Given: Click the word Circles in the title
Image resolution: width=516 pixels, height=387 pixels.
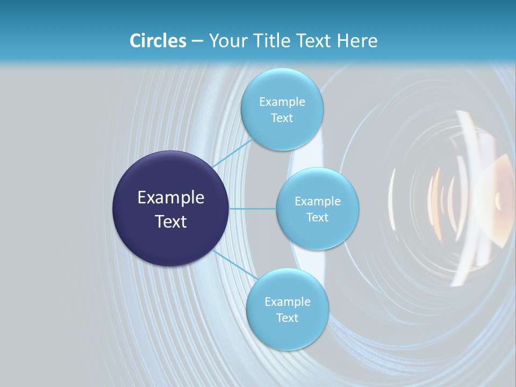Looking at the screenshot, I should pos(157,41).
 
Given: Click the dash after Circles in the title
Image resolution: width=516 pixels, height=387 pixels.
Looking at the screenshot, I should pos(197,41).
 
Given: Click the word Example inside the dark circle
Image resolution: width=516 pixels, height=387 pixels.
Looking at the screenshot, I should pos(170,198).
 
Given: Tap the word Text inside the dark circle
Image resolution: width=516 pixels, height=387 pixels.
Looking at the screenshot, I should pos(170,221).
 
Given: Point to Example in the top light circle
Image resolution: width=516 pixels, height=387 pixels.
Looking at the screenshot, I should pos(282,102).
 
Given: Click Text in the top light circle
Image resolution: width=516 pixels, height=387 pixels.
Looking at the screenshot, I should pos(282,118).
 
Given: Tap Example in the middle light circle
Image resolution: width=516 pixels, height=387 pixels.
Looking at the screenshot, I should pos(317,202).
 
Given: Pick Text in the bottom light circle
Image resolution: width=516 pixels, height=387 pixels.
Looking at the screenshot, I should pos(287,318).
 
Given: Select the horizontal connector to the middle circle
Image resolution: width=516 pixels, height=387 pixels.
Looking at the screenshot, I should pos(253,209).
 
